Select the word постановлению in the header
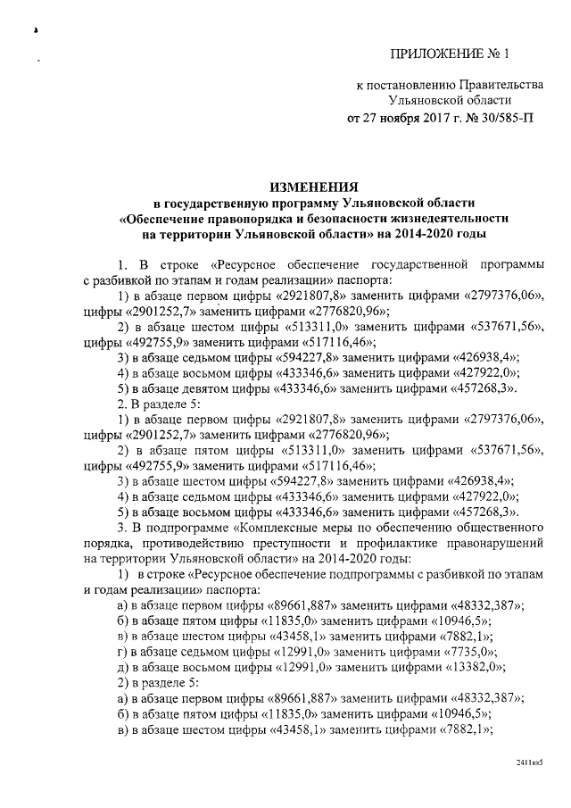[x=409, y=85]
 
